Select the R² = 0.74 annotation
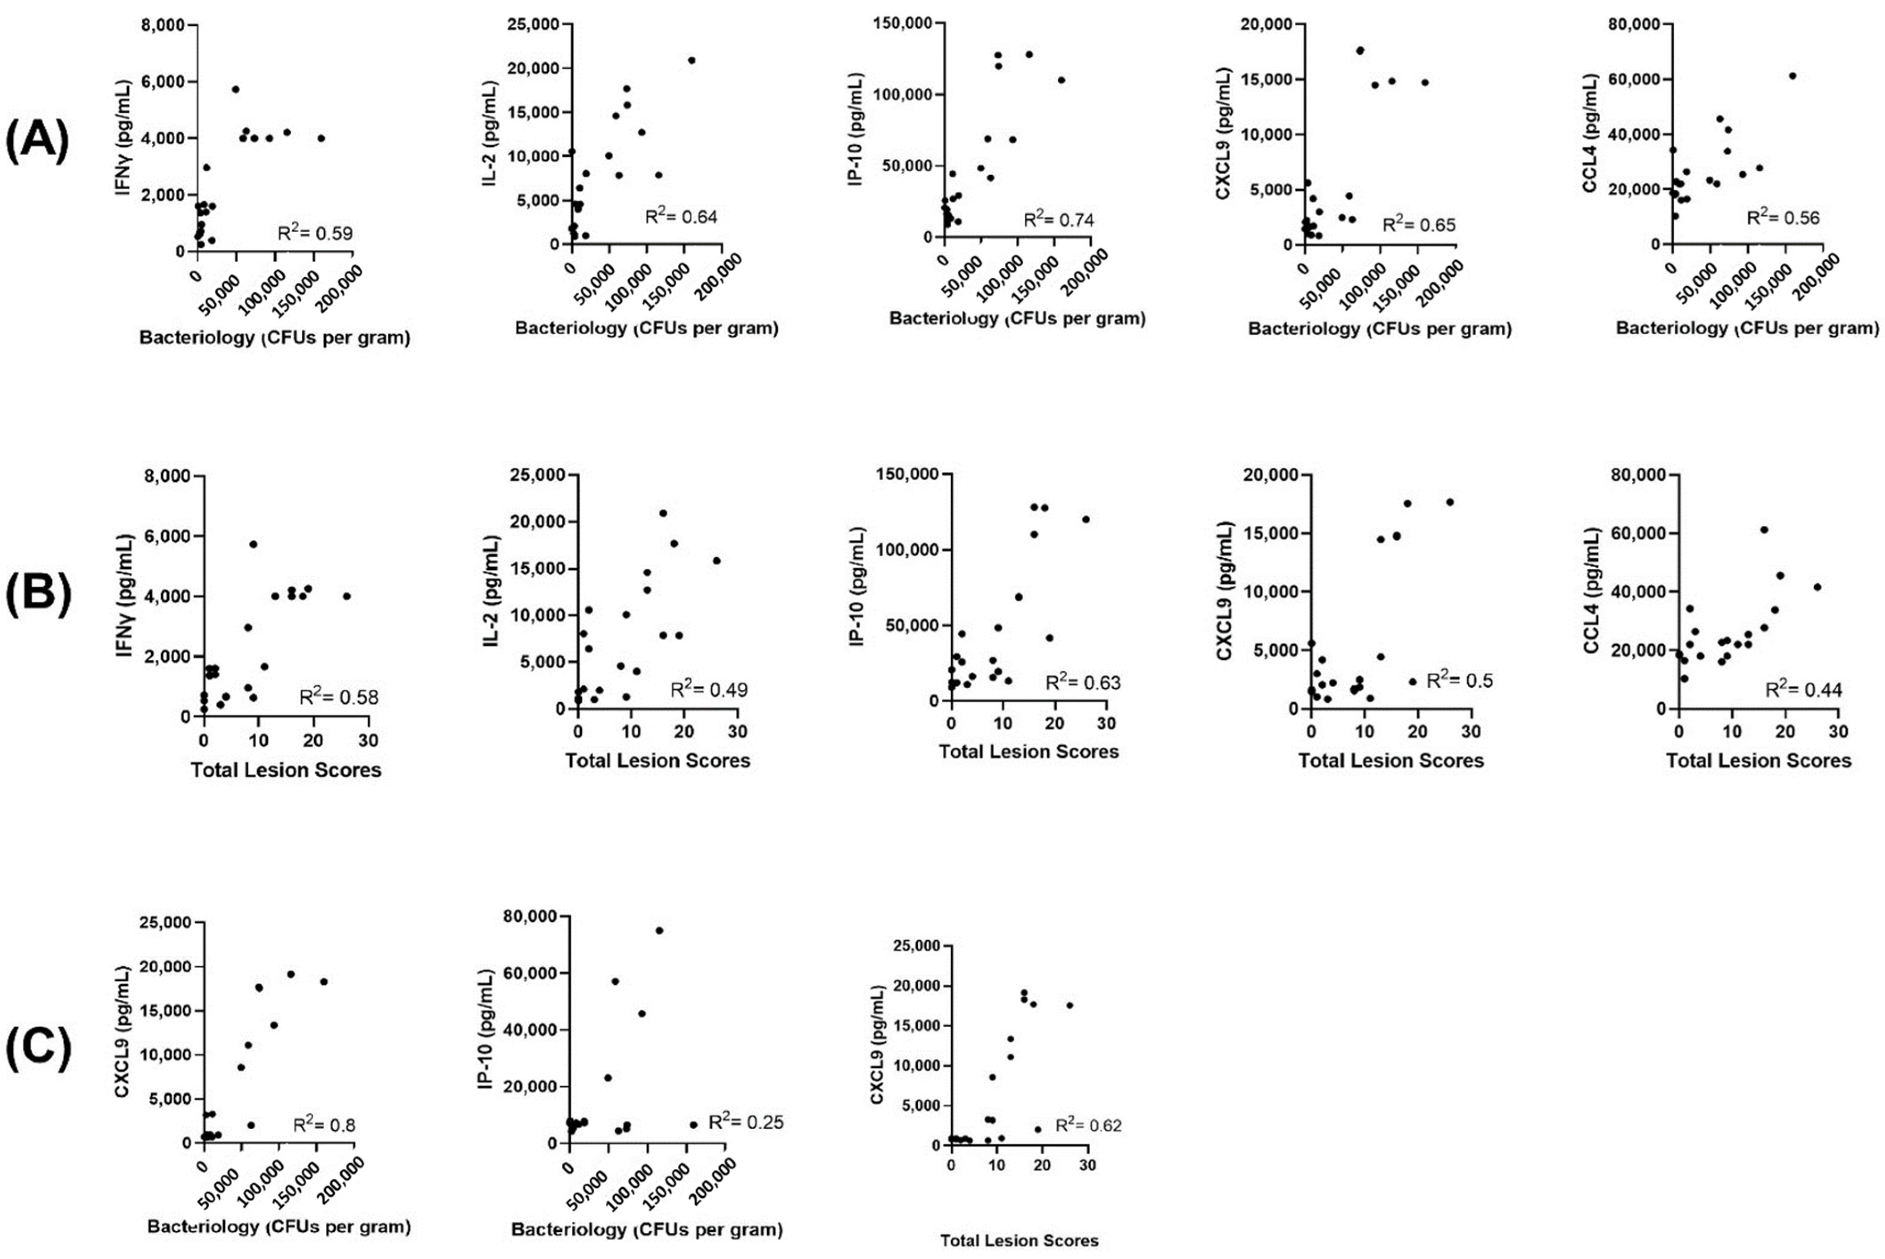point(1058,219)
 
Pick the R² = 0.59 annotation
point(315,233)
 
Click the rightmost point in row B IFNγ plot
point(346,596)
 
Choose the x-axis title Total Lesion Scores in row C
point(1019,1241)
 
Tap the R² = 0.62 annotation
point(1088,1125)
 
